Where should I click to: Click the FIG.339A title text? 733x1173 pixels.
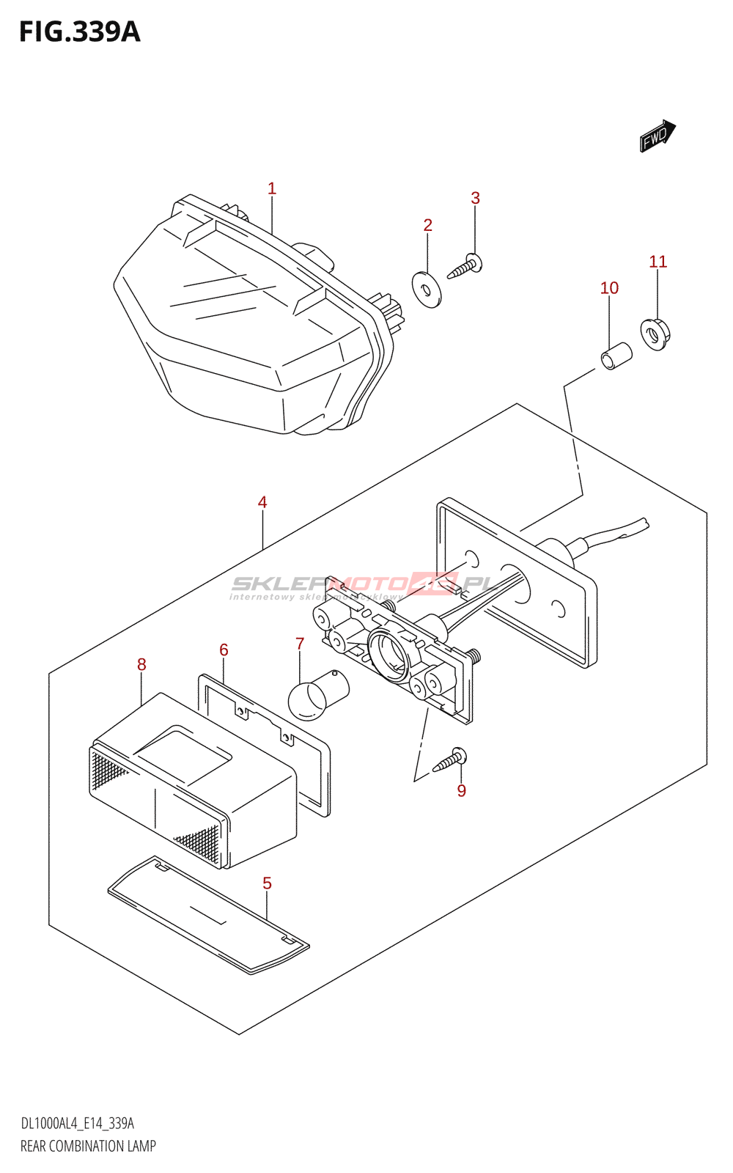[79, 32]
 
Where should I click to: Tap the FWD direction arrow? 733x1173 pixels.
[657, 136]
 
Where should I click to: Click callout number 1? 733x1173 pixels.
[272, 188]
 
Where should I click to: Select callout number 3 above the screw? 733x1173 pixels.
[475, 198]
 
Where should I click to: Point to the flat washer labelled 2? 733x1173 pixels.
[427, 289]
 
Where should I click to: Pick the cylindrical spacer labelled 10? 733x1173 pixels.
[616, 356]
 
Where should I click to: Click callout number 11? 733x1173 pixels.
[658, 262]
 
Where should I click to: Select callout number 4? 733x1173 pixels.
[262, 502]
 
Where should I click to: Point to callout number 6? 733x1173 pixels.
[224, 650]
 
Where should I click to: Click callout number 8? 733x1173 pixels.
[141, 664]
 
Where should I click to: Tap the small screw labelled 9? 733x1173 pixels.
[449, 760]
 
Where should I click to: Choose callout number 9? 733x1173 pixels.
[461, 790]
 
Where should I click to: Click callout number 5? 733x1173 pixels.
[267, 883]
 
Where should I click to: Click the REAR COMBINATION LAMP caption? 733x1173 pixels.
[88, 1146]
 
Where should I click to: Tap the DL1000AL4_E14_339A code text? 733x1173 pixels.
[77, 1124]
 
